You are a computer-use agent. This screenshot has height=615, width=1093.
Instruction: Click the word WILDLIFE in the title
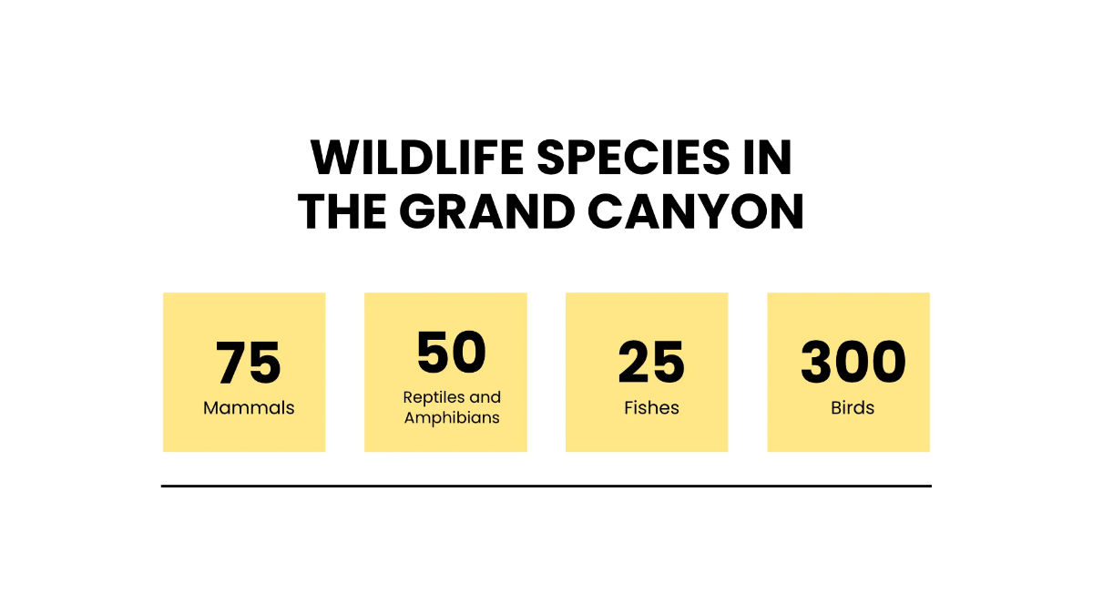coord(417,157)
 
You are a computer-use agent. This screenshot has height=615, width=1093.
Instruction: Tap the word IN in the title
coord(767,157)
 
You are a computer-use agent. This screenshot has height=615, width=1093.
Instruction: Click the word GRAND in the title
coord(487,210)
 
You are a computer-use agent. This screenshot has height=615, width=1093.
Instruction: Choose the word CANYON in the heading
coord(695,210)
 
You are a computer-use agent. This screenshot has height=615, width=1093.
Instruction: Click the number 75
coord(249,363)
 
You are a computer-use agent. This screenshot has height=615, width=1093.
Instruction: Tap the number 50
coord(452,352)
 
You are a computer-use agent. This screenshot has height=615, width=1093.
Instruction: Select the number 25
coord(651,363)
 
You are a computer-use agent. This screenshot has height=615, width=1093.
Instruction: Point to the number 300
coord(853,363)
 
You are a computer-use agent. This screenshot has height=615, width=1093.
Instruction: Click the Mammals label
coord(249,407)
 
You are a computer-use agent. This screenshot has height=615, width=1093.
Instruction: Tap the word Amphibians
coord(452,418)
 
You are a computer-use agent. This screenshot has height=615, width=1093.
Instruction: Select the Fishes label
coord(651,407)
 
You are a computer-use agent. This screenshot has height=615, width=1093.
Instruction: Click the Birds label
coord(853,407)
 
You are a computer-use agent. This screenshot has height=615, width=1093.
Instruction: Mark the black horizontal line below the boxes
coord(546,487)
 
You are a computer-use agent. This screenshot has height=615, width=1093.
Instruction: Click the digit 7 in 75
coord(231,363)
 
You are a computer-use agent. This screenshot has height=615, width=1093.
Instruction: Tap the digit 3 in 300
coord(817,363)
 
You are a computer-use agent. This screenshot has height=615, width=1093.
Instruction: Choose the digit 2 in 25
coord(634,362)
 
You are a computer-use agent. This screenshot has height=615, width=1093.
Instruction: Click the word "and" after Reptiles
coord(485,397)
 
